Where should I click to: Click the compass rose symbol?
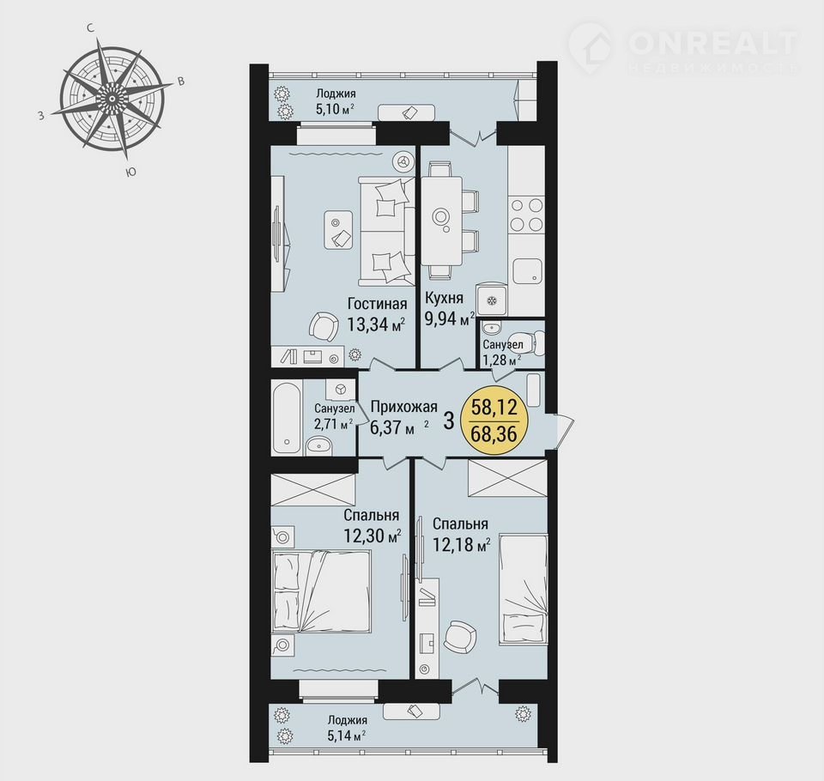tap(112, 99)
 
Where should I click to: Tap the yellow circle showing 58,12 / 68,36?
tap(494, 421)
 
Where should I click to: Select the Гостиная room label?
tap(378, 304)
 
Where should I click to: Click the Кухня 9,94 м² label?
tap(449, 308)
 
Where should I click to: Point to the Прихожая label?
tap(403, 407)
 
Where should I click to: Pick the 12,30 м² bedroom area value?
tap(372, 536)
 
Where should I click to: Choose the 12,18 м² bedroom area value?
tap(461, 544)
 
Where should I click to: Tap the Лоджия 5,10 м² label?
tap(336, 101)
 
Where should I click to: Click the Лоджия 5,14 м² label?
tap(347, 728)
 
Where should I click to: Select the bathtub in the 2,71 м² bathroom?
tap(287, 417)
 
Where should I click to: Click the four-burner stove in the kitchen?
tap(526, 215)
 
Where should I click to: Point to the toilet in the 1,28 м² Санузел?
tap(530, 343)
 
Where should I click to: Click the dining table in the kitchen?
tap(441, 221)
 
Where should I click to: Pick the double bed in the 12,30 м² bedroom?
tap(321, 590)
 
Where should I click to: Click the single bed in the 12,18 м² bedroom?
tap(523, 590)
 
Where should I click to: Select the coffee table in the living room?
tap(338, 230)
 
